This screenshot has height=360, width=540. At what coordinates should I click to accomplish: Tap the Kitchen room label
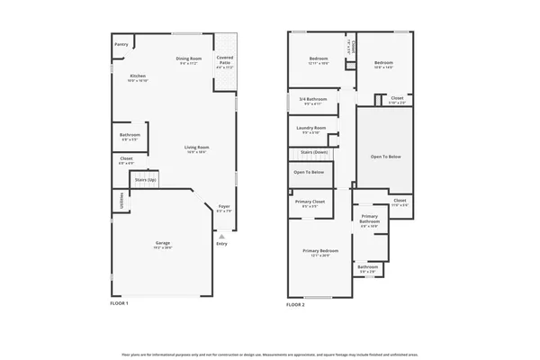pyautogui.click(x=138, y=76)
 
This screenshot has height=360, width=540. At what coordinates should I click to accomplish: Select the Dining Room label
pyautogui.click(x=188, y=59)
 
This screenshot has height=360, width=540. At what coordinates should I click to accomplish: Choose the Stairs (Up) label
pyautogui.click(x=146, y=180)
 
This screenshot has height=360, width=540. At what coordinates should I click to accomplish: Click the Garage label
pyautogui.click(x=162, y=243)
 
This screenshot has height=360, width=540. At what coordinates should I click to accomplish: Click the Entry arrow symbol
pyautogui.click(x=221, y=236)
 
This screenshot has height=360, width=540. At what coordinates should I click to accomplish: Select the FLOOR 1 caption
pyautogui.click(x=120, y=305)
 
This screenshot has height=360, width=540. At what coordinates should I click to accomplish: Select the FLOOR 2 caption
pyautogui.click(x=295, y=305)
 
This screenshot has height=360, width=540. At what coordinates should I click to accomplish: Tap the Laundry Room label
pyautogui.click(x=312, y=128)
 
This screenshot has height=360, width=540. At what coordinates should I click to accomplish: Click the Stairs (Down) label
pyautogui.click(x=314, y=152)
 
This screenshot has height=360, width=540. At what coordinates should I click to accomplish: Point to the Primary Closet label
pyautogui.click(x=310, y=202)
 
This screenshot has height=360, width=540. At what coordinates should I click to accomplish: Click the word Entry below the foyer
pyautogui.click(x=221, y=244)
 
